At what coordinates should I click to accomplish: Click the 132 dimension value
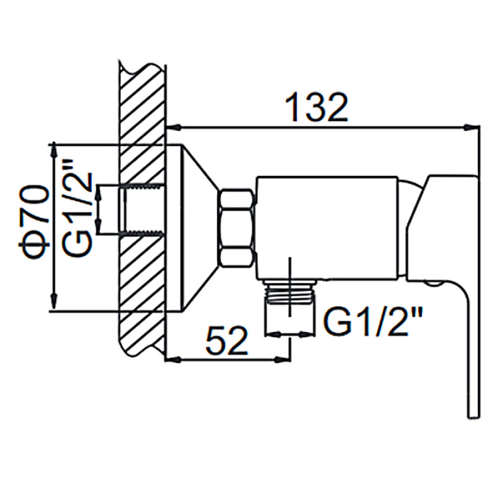(316, 107)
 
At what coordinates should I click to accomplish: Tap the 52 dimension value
(227, 340)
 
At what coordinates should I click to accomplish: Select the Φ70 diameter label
(34, 222)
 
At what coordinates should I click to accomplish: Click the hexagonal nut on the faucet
(237, 228)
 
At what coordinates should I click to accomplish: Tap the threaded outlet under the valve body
(289, 291)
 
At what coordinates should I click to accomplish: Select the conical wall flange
(192, 228)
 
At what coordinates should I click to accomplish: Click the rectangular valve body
(326, 228)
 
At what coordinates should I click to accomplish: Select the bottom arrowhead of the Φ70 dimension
(54, 302)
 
